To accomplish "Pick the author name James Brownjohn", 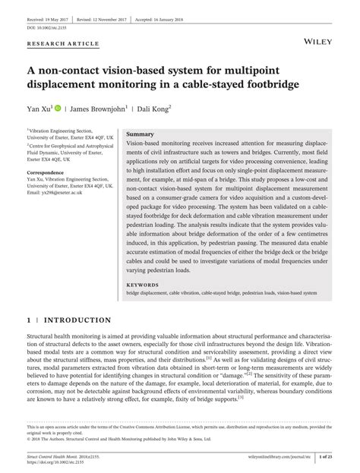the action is click(103, 109).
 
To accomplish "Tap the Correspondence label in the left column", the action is click(48, 173).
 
